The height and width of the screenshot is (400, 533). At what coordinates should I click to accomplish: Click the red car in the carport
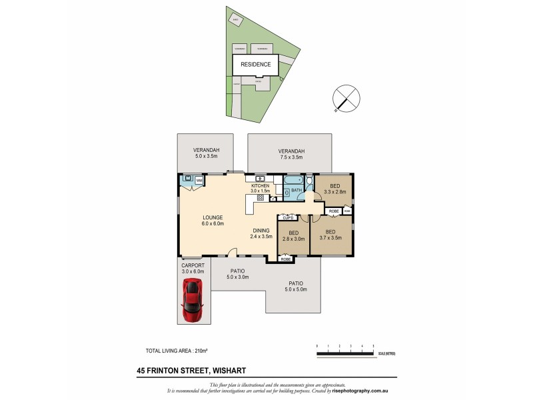pos(193,299)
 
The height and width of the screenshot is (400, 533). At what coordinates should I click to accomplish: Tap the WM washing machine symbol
pos(199,180)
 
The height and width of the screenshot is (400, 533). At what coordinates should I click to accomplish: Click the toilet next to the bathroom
pos(308,182)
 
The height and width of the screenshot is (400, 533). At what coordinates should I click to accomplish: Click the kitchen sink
pos(259,179)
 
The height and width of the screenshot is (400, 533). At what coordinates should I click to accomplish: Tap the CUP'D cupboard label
pos(288,218)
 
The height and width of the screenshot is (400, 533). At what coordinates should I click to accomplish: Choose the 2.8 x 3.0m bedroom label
pos(293,235)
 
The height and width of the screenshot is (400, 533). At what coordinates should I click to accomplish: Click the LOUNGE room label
pos(213,221)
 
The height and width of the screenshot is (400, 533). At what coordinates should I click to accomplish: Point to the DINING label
pos(261,233)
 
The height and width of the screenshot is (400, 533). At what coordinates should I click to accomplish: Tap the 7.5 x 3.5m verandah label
pos(290,154)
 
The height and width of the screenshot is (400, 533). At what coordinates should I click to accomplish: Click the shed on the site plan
pos(235,19)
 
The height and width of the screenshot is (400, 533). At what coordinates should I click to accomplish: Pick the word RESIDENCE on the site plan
pos(255,65)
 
